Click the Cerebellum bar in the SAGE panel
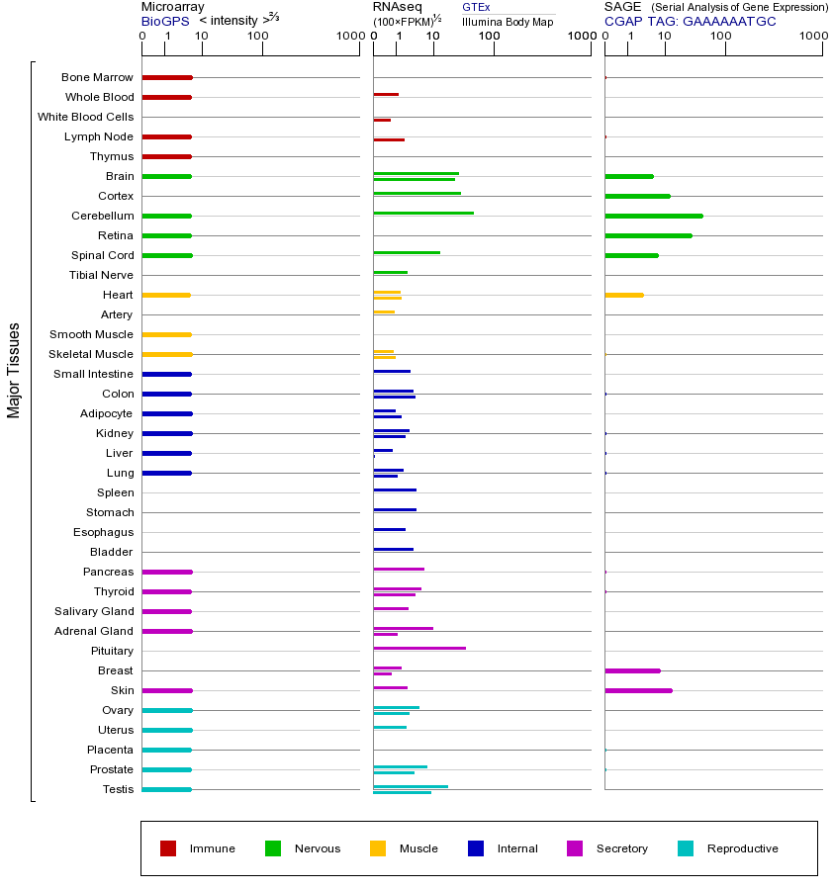pos(654,216)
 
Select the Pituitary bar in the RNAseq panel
pos(419,649)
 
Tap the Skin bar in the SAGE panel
pos(638,690)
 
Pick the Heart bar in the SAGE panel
pos(624,295)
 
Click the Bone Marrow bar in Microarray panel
pos(167,77)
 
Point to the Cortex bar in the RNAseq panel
pos(416,194)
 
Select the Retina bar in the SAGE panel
pos(648,235)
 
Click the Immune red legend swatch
pos(168,848)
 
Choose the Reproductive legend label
pos(742,848)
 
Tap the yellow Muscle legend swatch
pos(378,848)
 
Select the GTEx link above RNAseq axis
pos(476,7)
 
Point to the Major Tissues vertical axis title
pos(14,370)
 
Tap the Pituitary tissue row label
pos(111,651)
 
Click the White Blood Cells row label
pos(85,117)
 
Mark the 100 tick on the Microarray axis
pos(258,38)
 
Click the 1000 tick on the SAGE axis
pos(812,38)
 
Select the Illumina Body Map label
pos(508,22)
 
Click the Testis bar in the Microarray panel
pos(166,789)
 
